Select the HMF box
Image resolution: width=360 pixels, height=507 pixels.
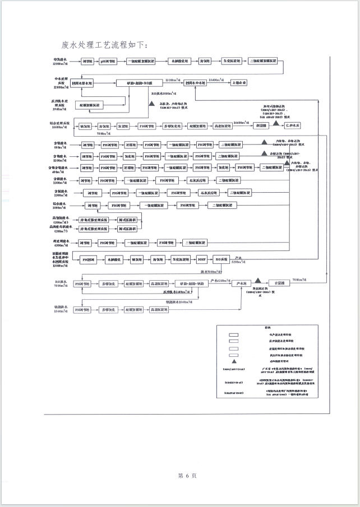(x=202, y=259)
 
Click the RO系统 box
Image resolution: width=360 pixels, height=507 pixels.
(x=223, y=259)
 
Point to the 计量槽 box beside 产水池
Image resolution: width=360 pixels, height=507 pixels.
(x=278, y=283)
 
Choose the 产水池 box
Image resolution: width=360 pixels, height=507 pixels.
(x=243, y=283)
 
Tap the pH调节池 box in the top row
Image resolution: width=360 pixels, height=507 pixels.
(x=109, y=61)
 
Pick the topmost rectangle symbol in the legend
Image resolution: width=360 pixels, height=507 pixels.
(x=234, y=335)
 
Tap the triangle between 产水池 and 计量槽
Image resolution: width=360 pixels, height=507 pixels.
(x=258, y=280)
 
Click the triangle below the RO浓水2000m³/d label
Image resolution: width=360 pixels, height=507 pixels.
(x=152, y=104)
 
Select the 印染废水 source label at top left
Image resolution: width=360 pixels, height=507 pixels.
(x=60, y=61)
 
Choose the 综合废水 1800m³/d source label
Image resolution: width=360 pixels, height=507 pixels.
(x=60, y=206)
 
